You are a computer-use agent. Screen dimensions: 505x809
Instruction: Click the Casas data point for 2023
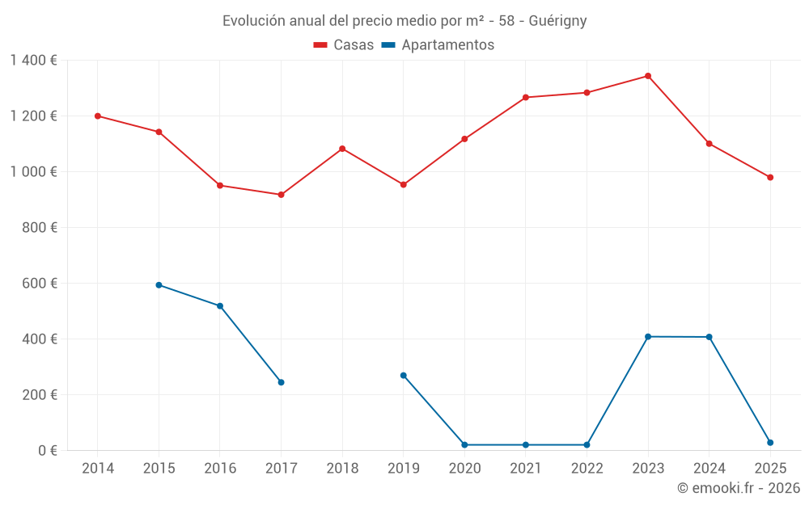[x=648, y=76]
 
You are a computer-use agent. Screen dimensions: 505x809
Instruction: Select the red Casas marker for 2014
[x=98, y=116]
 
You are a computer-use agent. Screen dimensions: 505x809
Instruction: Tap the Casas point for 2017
[x=281, y=195]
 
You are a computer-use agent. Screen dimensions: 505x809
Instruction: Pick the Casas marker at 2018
[x=342, y=149]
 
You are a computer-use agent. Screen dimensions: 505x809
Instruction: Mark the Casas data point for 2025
[x=770, y=178]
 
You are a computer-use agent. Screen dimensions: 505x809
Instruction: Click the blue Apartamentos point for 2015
[x=159, y=285]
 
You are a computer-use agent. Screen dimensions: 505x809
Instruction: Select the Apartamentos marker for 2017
[x=281, y=382]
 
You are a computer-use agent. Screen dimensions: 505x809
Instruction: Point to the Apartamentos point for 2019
[x=404, y=376]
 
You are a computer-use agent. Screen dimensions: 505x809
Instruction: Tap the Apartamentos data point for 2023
[x=648, y=336]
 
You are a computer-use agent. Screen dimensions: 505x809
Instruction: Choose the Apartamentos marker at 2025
[x=770, y=443]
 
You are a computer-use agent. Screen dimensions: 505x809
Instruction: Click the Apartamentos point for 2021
[x=526, y=445]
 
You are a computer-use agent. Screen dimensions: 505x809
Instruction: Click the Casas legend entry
[x=345, y=45]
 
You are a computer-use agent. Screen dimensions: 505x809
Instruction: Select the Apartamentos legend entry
[x=438, y=45]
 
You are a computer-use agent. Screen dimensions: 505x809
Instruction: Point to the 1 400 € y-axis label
[x=34, y=61]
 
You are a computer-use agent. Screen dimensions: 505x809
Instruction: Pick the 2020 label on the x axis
[x=464, y=469]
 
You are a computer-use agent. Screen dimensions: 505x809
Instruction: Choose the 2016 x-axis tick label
[x=220, y=469]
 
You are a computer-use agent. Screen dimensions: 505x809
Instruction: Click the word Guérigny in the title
[x=557, y=20]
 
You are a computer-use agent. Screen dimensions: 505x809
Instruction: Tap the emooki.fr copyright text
[x=739, y=488]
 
